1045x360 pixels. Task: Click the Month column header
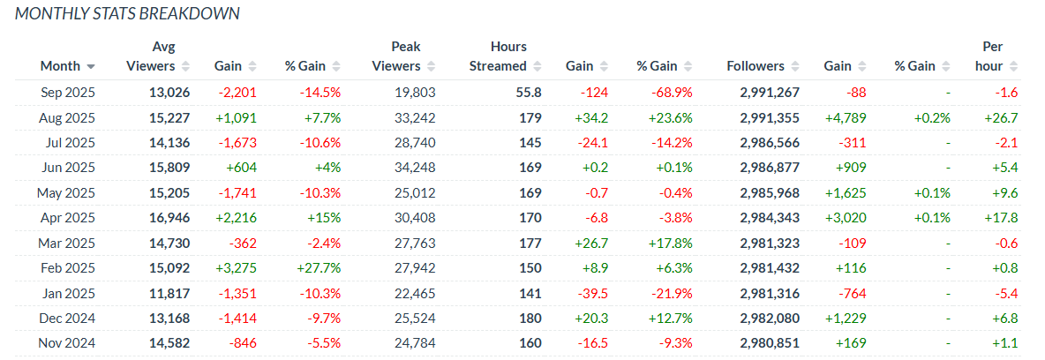click(60, 66)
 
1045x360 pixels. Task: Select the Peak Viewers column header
click(396, 56)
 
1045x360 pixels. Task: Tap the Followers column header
click(756, 66)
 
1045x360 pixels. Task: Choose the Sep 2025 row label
click(68, 93)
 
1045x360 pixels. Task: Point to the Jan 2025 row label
click(69, 294)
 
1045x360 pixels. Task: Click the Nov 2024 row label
click(67, 344)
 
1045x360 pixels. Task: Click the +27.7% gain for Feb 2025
click(319, 268)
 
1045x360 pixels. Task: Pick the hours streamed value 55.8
click(529, 93)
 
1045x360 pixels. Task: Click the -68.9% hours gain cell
click(658, 93)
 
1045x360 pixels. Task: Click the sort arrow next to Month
click(91, 67)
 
